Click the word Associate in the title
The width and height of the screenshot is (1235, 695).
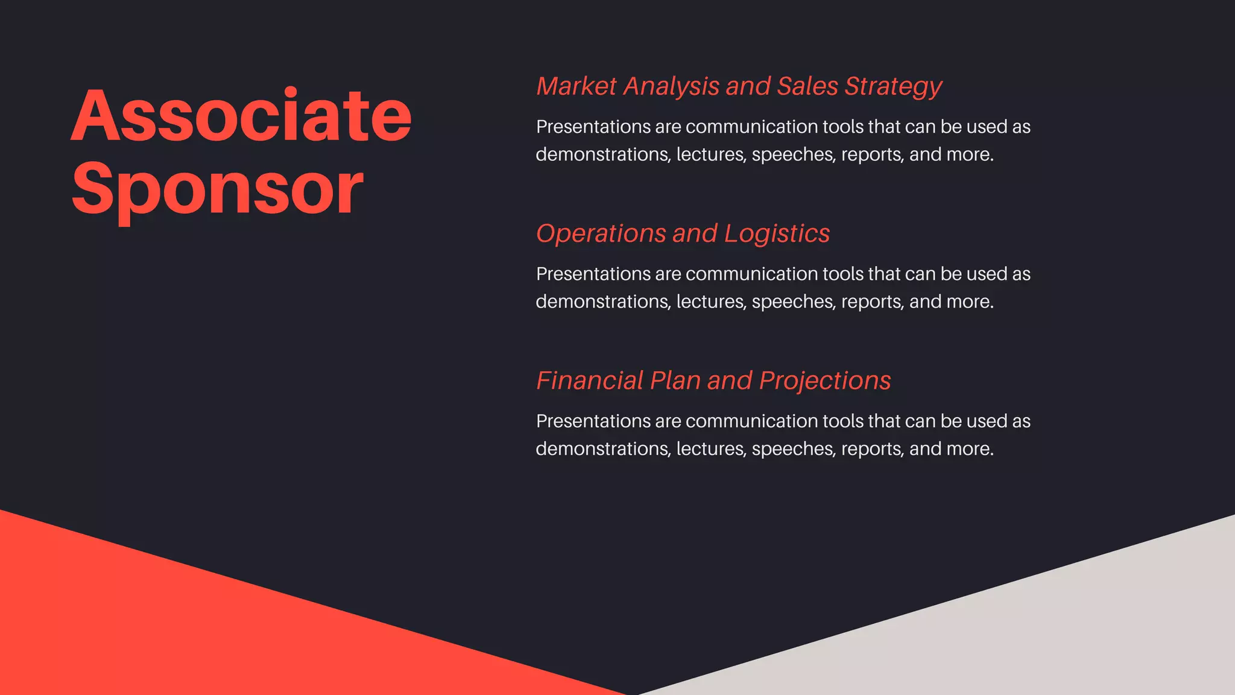[241, 116]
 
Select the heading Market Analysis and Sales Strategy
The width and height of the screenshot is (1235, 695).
[739, 86]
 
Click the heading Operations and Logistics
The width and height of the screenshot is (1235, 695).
[683, 233]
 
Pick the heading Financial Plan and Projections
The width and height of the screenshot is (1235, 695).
[713, 381]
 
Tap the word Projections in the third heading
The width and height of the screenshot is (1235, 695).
[824, 381]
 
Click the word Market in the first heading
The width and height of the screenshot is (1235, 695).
[576, 86]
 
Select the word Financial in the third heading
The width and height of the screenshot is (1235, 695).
[590, 381]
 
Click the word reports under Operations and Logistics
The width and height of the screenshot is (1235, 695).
[872, 302]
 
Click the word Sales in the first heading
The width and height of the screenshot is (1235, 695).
[807, 86]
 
